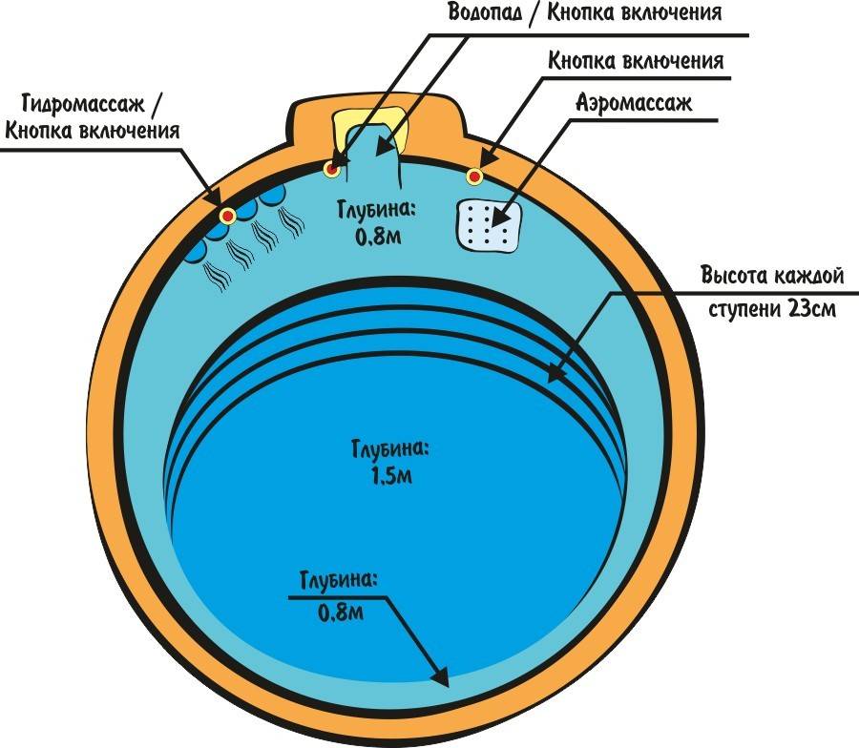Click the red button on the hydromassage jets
pyautogui.click(x=228, y=217)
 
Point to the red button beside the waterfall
pyautogui.click(x=331, y=170)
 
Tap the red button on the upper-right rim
pyautogui.click(x=473, y=176)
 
